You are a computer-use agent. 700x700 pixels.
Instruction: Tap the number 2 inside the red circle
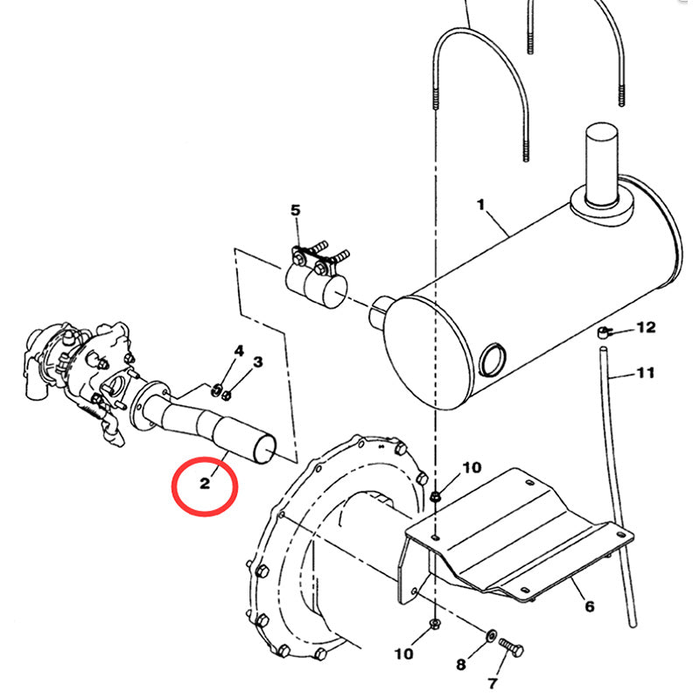204,482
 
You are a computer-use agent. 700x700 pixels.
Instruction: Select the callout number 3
257,361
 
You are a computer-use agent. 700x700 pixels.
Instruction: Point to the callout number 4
237,352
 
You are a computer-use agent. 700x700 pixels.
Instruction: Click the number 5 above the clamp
295,210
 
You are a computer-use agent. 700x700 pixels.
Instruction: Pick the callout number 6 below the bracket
589,606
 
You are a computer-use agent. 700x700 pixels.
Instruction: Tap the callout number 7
492,682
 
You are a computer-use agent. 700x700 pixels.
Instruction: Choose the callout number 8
461,665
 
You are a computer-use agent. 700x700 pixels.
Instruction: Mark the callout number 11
645,374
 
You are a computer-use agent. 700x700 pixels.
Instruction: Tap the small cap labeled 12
603,333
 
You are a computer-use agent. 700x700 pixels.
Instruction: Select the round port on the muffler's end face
493,359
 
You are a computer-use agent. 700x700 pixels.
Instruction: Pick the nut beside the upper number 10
435,496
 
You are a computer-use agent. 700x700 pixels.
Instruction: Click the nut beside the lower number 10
435,625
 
